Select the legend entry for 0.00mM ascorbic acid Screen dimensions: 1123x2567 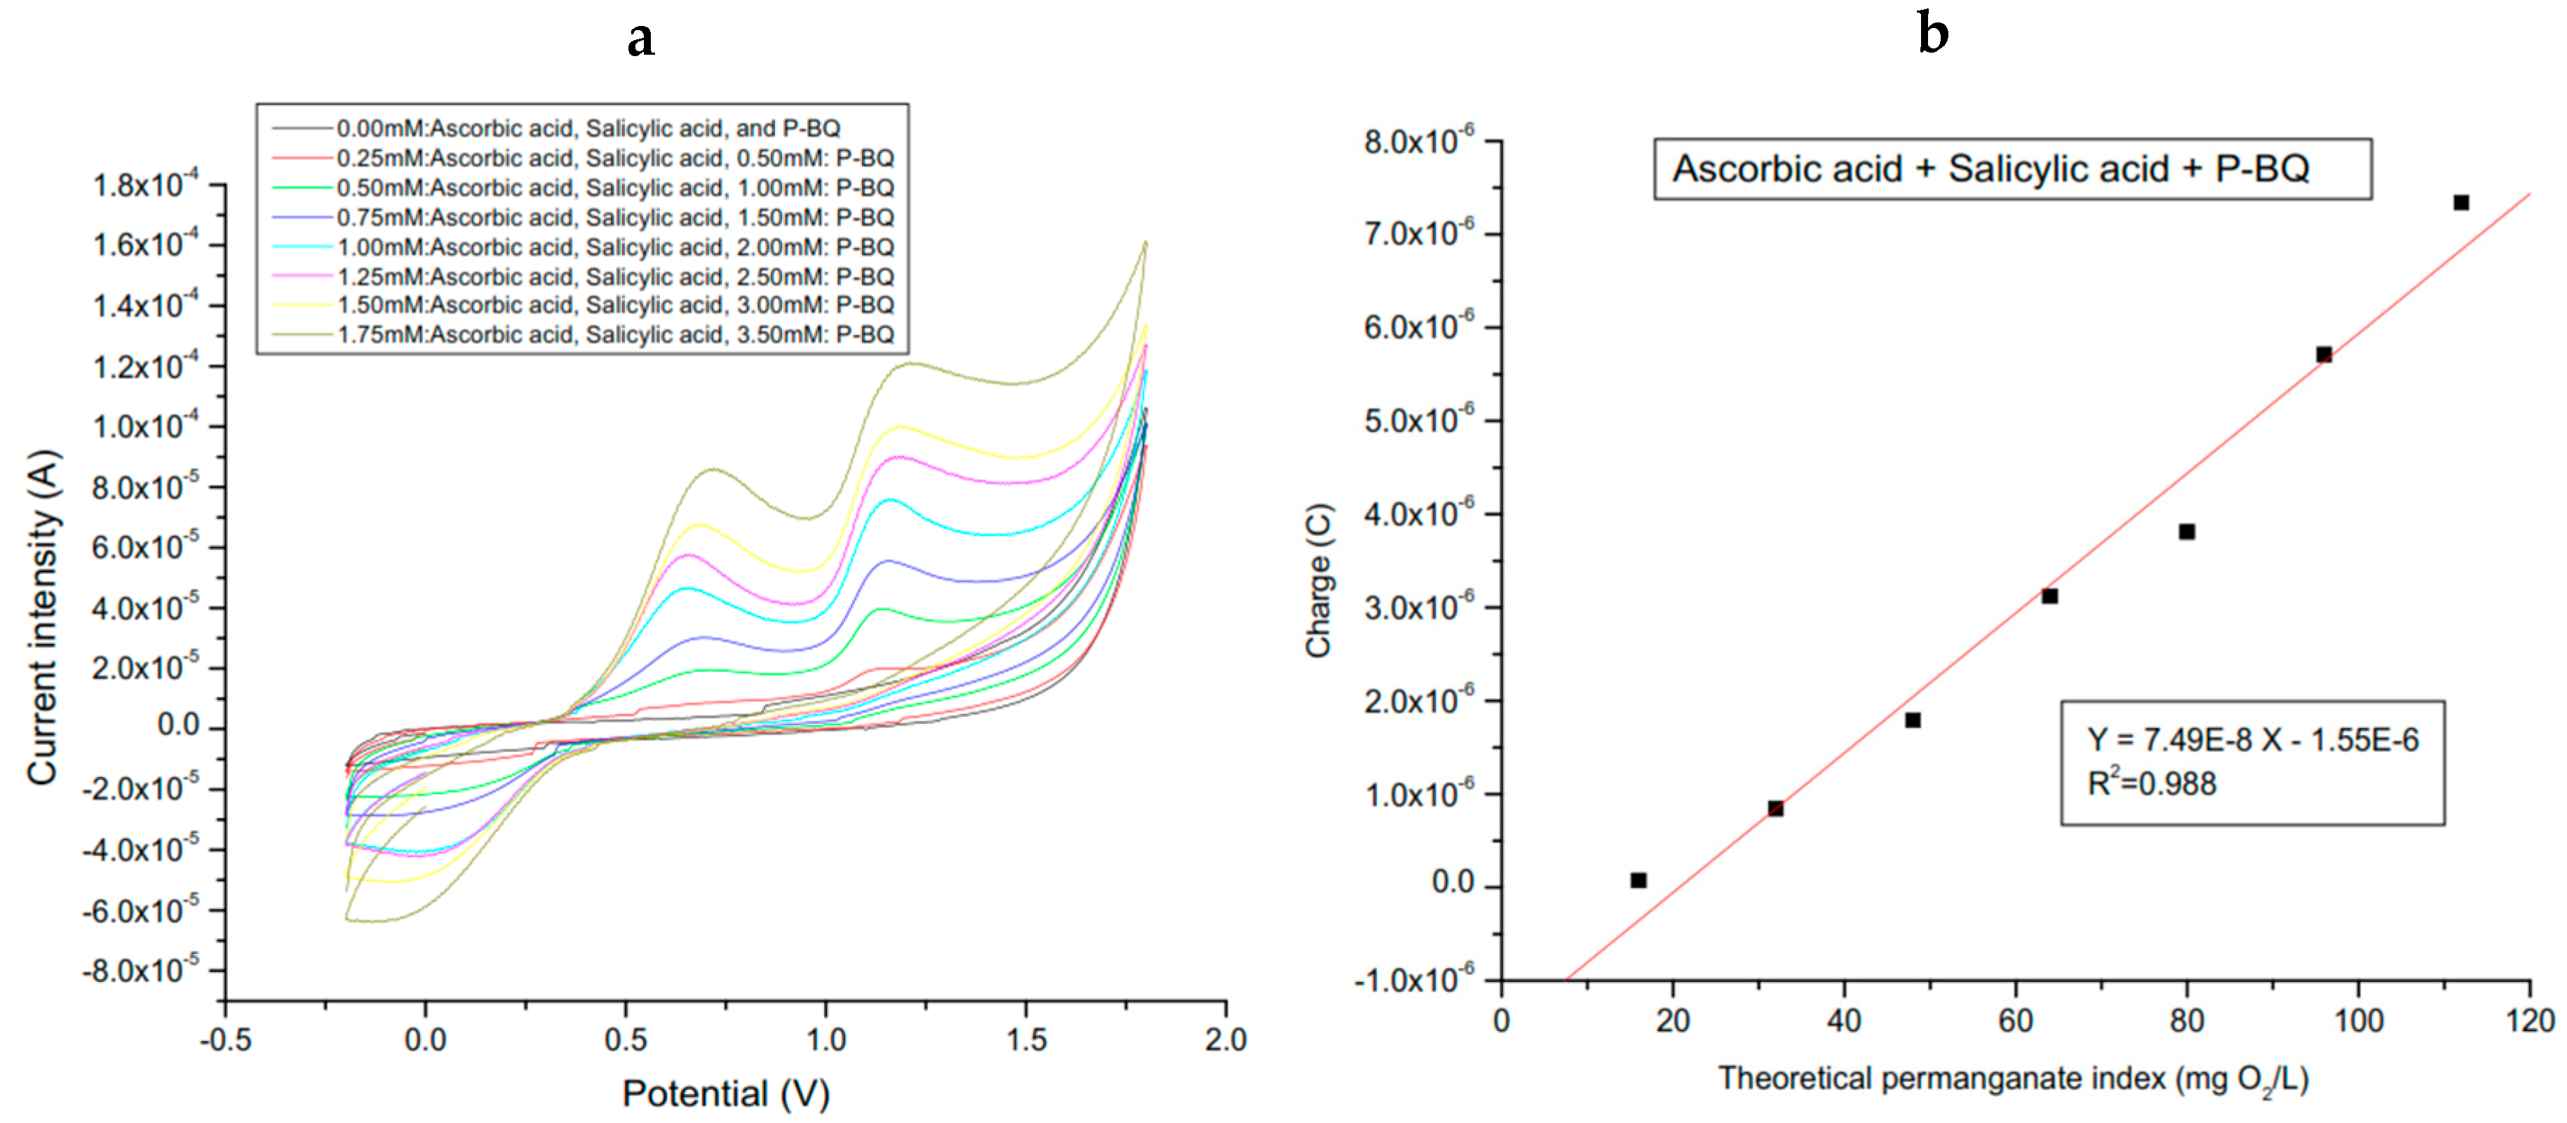(587, 128)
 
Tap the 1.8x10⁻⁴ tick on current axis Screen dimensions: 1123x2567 (145, 185)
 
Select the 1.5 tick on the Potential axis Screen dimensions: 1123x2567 (1025, 1040)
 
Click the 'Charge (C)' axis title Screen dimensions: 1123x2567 (1319, 580)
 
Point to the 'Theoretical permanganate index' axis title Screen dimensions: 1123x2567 (2013, 1079)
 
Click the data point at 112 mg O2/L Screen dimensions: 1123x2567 (2460, 202)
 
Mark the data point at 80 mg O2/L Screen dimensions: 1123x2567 (2186, 531)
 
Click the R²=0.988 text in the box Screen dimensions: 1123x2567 (2152, 784)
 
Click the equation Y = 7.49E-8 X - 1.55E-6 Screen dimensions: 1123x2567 (2252, 739)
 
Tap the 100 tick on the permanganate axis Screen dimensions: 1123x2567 (2359, 1021)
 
